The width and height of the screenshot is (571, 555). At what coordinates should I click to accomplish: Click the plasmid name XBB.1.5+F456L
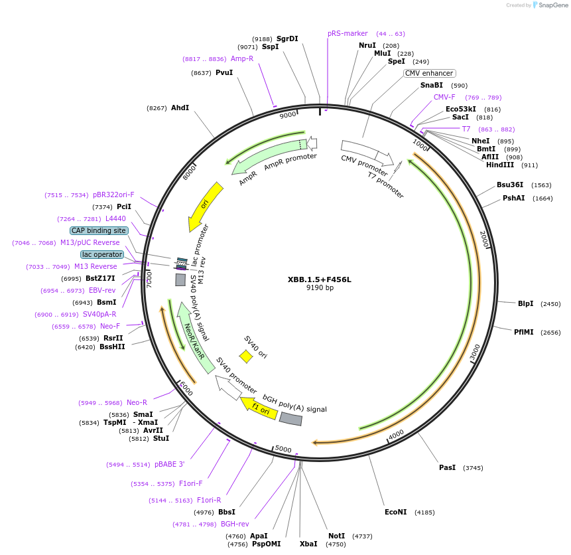(x=319, y=279)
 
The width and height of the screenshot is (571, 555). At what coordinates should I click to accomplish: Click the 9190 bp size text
(x=320, y=288)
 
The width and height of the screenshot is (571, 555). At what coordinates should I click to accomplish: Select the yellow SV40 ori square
(x=246, y=357)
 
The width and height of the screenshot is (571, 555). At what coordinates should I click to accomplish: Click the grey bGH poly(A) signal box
(x=290, y=419)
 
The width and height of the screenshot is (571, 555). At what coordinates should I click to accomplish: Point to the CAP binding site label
(x=99, y=230)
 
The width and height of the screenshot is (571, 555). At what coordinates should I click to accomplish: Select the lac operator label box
(x=102, y=254)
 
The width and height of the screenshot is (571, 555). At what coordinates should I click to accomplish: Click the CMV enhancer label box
(x=430, y=73)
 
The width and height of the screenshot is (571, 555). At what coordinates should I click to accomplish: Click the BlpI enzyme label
(x=525, y=303)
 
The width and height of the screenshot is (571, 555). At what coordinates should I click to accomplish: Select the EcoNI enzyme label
(x=395, y=512)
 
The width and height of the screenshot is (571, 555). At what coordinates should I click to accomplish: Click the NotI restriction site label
(x=337, y=536)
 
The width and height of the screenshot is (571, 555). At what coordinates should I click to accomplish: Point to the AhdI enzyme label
(x=180, y=108)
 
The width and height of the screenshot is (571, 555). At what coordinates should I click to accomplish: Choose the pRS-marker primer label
(x=348, y=33)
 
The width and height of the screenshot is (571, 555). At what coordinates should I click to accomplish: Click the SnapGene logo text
(x=552, y=5)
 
